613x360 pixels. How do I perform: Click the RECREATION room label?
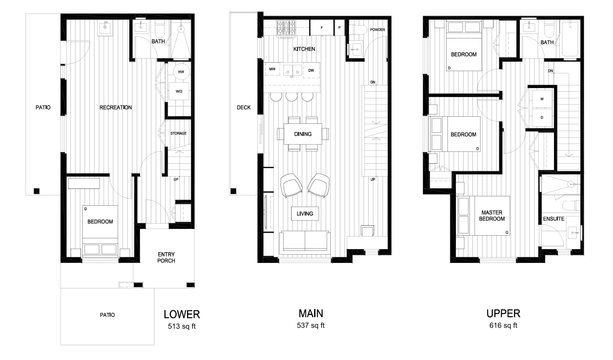pos(115,107)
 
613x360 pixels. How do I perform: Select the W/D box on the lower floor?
pos(179,92)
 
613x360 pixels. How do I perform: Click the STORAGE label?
pos(178,133)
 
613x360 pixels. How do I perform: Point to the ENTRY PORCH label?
pos(166,258)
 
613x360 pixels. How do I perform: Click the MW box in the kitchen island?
pos(272,70)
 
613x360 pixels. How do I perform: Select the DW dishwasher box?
pos(311,70)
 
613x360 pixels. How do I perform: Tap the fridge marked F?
pos(321,28)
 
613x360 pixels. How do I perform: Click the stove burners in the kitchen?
pos(286,28)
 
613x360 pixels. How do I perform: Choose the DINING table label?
pos(303,134)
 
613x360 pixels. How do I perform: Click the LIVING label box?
pos(305,214)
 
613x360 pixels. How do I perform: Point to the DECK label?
pos(244,107)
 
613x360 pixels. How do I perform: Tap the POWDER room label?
pos(378,30)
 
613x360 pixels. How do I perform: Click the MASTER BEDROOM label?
pos(493,216)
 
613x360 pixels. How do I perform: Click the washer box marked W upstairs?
pos(542,99)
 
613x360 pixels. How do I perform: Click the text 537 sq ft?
pos(311,326)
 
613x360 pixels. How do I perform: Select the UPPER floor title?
pos(504,313)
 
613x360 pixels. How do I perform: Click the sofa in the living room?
pos(304,242)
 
